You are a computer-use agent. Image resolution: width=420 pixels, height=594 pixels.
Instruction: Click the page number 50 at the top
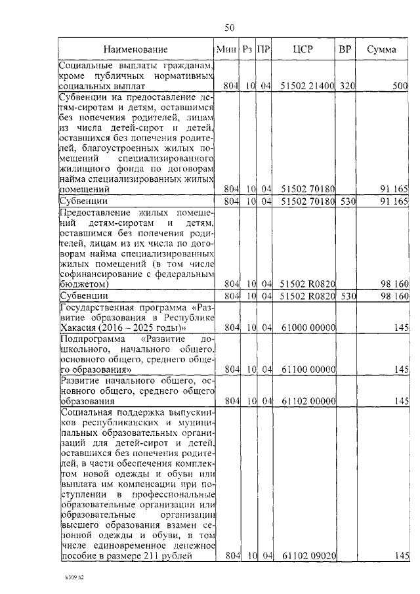click(x=230, y=27)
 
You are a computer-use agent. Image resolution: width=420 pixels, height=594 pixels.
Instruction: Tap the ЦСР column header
click(x=304, y=49)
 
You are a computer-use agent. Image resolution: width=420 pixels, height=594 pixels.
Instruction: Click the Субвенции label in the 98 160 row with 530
click(x=83, y=296)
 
